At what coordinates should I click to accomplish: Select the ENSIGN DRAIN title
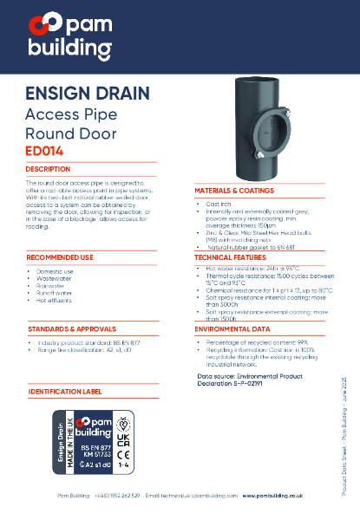88,94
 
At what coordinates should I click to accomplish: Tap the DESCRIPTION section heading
49,169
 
